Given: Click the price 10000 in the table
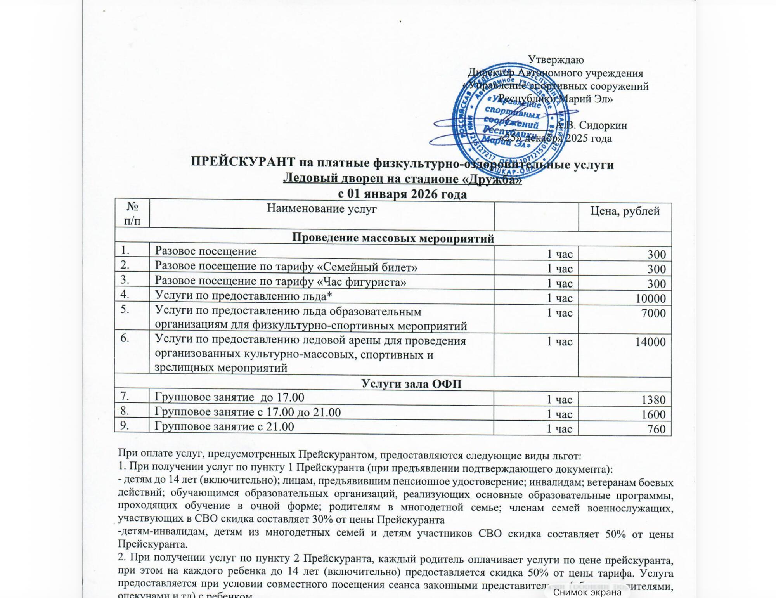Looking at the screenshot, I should pyautogui.click(x=650, y=298).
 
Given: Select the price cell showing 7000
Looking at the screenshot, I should pyautogui.click(x=653, y=313).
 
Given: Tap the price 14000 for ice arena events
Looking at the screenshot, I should pyautogui.click(x=650, y=342).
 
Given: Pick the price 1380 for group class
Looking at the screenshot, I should pyautogui.click(x=653, y=400).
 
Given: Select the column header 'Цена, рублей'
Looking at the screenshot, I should pyautogui.click(x=625, y=211).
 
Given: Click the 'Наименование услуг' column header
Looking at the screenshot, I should pyautogui.click(x=322, y=209).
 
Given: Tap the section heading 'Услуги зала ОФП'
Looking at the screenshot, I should pyautogui.click(x=411, y=384).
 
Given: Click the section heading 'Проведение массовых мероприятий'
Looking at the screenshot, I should pyautogui.click(x=393, y=238).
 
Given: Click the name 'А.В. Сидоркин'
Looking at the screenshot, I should pyautogui.click(x=591, y=125).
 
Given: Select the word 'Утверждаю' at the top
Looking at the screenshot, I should pyautogui.click(x=556, y=60).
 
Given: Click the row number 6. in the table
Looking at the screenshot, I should pyautogui.click(x=125, y=338).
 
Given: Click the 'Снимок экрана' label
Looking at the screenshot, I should pyautogui.click(x=587, y=592).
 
